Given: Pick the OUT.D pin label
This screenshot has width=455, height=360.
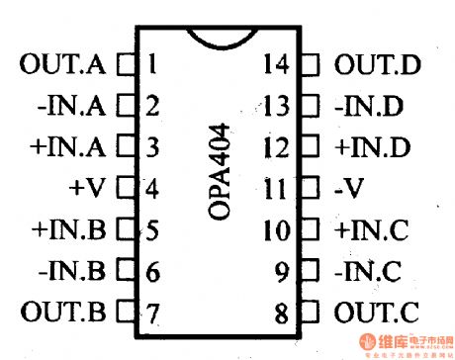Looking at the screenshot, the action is coord(377,67).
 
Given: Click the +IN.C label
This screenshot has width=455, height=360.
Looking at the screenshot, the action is coord(371,230).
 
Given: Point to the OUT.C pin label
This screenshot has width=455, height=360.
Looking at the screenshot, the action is coord(377,314).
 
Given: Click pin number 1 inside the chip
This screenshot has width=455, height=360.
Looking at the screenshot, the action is coord(150,67).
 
